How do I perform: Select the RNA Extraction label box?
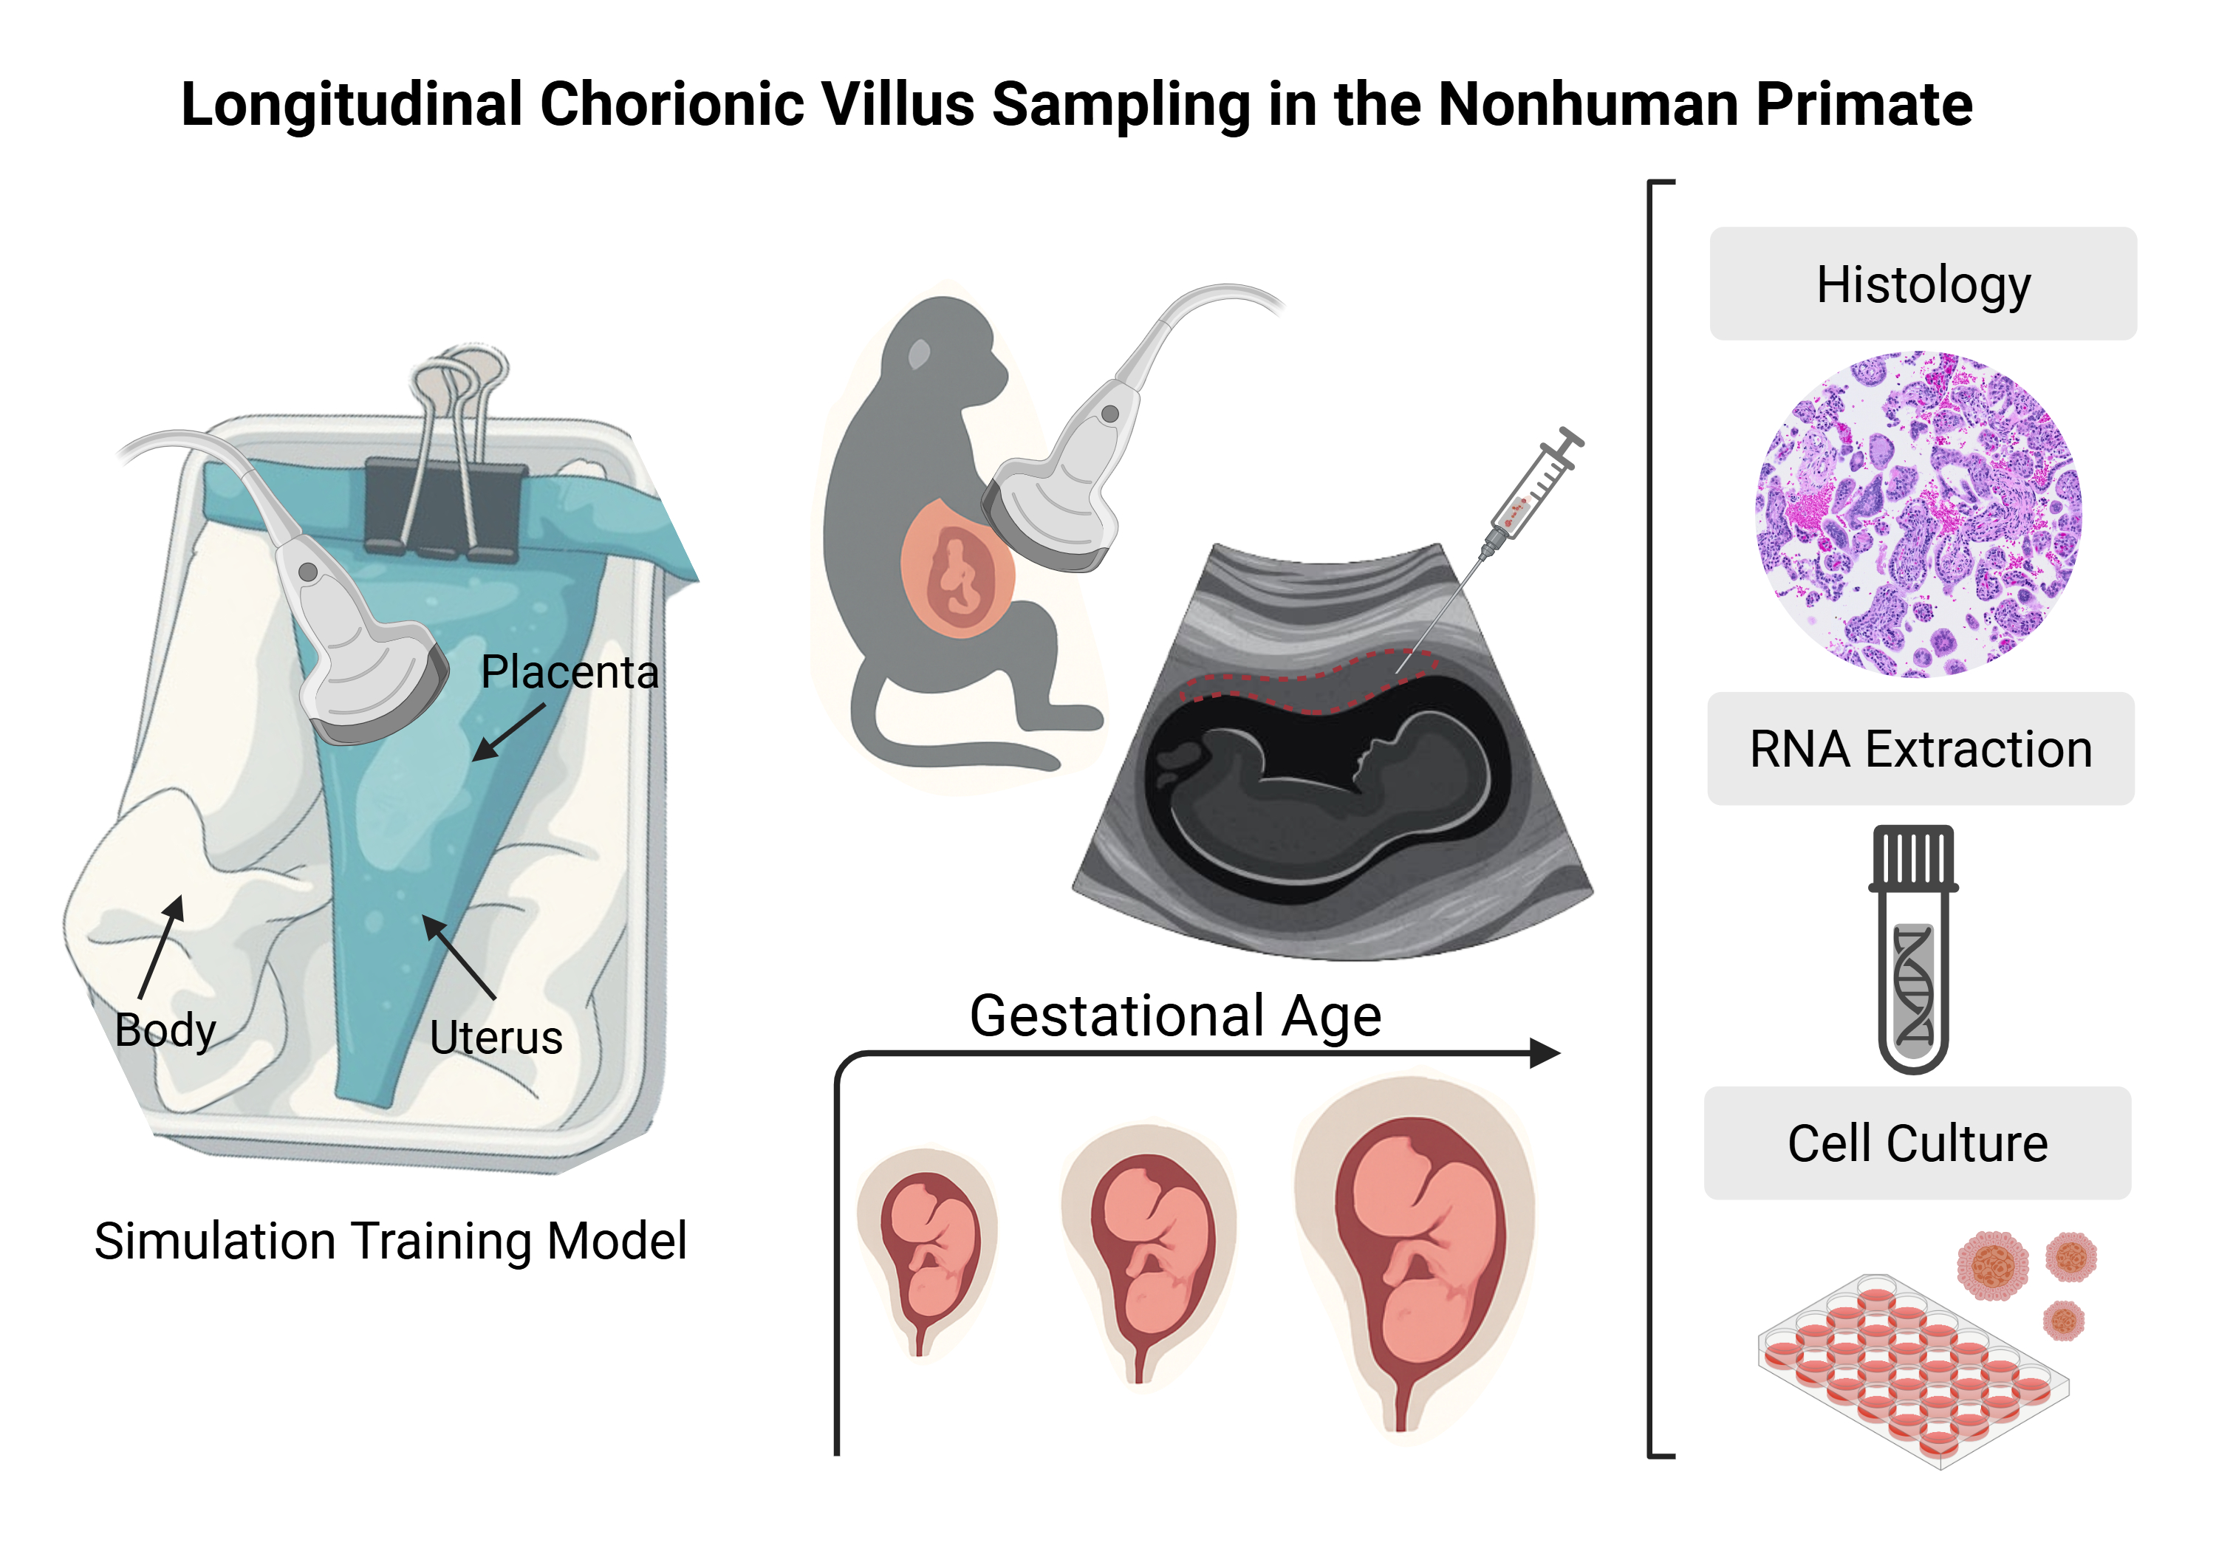click(x=1920, y=749)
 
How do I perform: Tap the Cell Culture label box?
click(x=1917, y=1143)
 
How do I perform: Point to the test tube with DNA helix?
click(x=1913, y=950)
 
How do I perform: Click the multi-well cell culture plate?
click(x=1911, y=1371)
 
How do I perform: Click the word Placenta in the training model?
click(x=569, y=672)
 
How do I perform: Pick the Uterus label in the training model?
click(x=496, y=1038)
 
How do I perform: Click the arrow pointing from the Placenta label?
click(x=509, y=732)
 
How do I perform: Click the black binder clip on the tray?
click(x=444, y=507)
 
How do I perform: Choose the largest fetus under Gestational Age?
click(x=1413, y=1255)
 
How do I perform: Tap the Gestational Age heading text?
click(x=1174, y=1016)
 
